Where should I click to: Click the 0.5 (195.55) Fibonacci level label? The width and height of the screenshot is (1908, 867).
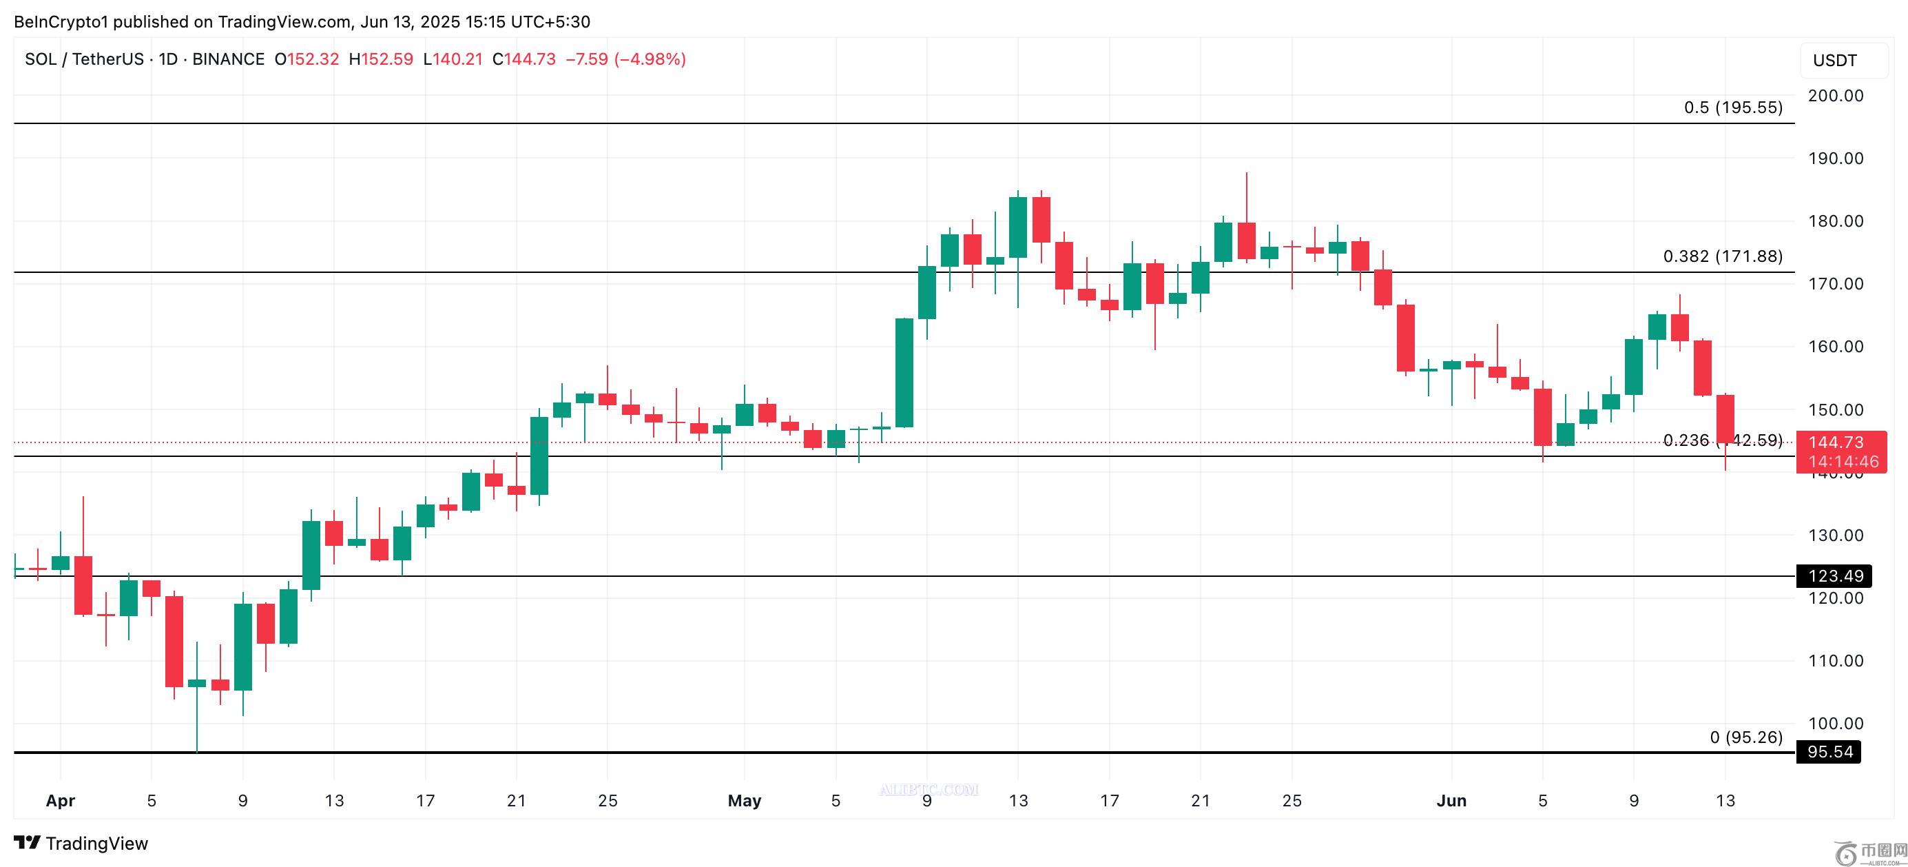pos(1732,108)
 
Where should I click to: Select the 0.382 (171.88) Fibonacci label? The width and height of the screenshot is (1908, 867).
pos(1722,256)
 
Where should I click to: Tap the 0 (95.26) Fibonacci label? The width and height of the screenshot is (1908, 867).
pos(1746,737)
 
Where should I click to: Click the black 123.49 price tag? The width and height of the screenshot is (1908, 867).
pos(1835,575)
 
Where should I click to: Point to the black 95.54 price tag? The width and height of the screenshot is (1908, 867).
pos(1829,752)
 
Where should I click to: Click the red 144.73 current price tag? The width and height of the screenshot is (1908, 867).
pos(1840,443)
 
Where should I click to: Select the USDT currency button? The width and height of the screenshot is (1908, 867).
pos(1835,61)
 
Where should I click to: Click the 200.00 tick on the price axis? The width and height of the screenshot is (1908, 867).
pos(1835,96)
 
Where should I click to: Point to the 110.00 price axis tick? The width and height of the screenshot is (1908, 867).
pos(1835,660)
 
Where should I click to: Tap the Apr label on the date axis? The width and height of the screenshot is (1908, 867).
pos(60,800)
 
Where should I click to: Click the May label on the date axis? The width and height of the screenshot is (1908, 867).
pos(745,800)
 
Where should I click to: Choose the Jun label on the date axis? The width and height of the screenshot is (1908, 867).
pos(1451,800)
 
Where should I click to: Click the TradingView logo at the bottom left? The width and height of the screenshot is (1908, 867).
pos(81,844)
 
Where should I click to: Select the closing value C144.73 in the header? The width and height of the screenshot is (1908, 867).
pos(524,59)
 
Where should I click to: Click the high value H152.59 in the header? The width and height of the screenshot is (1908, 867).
pos(382,59)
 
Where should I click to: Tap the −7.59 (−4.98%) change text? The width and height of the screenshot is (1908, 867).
pos(626,59)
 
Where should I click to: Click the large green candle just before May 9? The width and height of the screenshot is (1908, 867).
pos(904,373)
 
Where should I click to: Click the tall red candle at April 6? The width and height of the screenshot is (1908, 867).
pos(174,641)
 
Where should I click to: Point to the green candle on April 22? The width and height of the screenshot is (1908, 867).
pos(539,456)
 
